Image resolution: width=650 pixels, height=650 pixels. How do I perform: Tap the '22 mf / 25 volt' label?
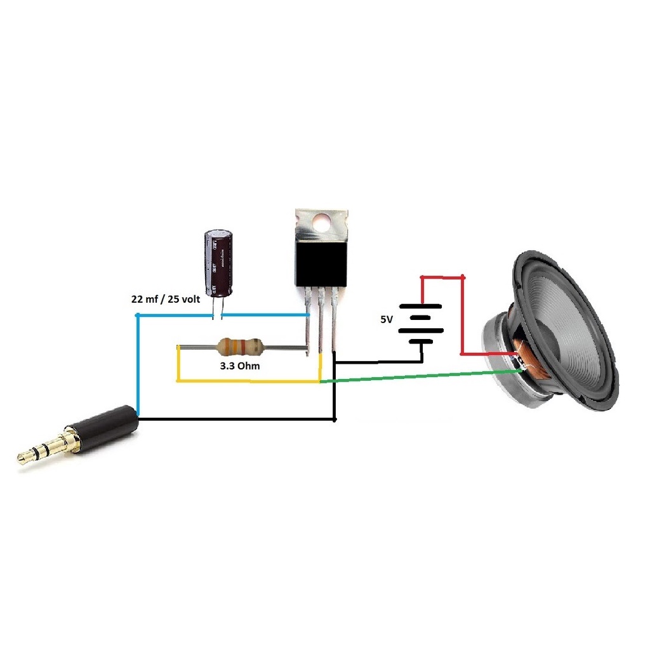[x=164, y=300]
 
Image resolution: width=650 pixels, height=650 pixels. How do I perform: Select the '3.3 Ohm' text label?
[x=240, y=366]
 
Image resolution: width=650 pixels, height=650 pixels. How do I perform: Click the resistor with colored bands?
[x=240, y=347]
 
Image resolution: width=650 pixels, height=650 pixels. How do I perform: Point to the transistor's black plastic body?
[x=321, y=263]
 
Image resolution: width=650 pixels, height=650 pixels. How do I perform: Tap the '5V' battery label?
[x=387, y=320]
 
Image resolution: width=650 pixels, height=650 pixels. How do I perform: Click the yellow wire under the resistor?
[x=248, y=381]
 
